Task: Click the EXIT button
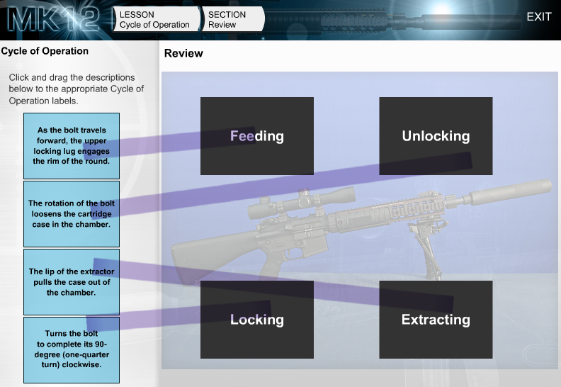(539, 17)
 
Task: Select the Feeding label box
(257, 136)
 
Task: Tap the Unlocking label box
(436, 136)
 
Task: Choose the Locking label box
(257, 320)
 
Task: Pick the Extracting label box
(436, 320)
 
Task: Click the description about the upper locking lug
(72, 146)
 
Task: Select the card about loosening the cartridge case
(72, 214)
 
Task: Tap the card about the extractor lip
(72, 282)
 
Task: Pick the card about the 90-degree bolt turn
(72, 349)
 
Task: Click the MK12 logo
(54, 18)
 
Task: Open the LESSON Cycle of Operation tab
(156, 19)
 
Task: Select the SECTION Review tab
(233, 19)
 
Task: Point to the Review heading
(183, 53)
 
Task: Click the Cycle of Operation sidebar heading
(45, 51)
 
